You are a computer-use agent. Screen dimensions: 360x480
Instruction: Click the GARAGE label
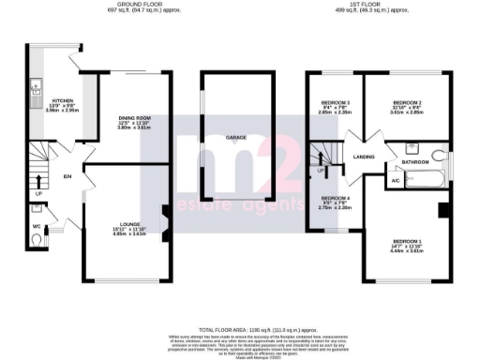pyautogui.click(x=236, y=138)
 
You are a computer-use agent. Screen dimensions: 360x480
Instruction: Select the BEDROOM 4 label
pyautogui.click(x=336, y=199)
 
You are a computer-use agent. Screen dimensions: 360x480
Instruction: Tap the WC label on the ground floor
pyautogui.click(x=36, y=225)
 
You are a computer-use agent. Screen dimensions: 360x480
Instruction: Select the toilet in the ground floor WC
pyautogui.click(x=36, y=241)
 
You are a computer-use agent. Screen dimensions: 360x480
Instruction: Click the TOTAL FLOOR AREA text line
pyautogui.click(x=240, y=331)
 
